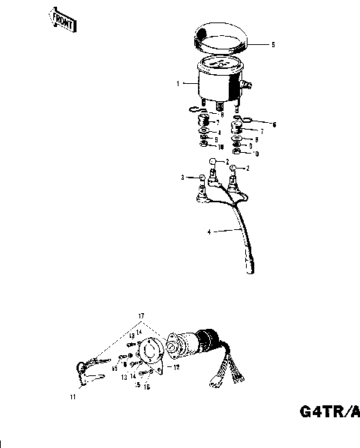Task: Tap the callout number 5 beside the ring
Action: [x=273, y=45]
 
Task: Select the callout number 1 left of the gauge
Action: [x=178, y=84]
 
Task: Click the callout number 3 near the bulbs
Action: [x=181, y=178]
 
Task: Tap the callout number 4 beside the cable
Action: [x=209, y=232]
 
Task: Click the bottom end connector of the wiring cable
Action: [x=250, y=273]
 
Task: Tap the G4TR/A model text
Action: [x=330, y=411]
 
